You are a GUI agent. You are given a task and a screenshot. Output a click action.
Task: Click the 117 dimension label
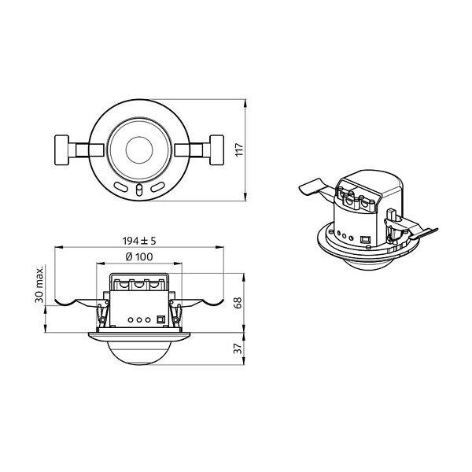(239, 149)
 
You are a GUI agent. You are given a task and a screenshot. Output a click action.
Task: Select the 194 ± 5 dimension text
(139, 241)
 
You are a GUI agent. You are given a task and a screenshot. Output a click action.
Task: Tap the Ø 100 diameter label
(139, 256)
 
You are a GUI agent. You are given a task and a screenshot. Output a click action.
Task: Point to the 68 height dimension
(238, 303)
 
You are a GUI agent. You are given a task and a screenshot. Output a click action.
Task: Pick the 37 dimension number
(238, 348)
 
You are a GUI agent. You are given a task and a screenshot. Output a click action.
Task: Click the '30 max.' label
(39, 284)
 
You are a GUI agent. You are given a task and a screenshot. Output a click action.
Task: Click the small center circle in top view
(139, 150)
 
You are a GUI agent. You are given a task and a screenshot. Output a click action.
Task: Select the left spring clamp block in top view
(61, 150)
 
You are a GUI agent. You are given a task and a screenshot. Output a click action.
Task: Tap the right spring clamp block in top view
(217, 150)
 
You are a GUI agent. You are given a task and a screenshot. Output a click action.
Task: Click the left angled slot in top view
(121, 187)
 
